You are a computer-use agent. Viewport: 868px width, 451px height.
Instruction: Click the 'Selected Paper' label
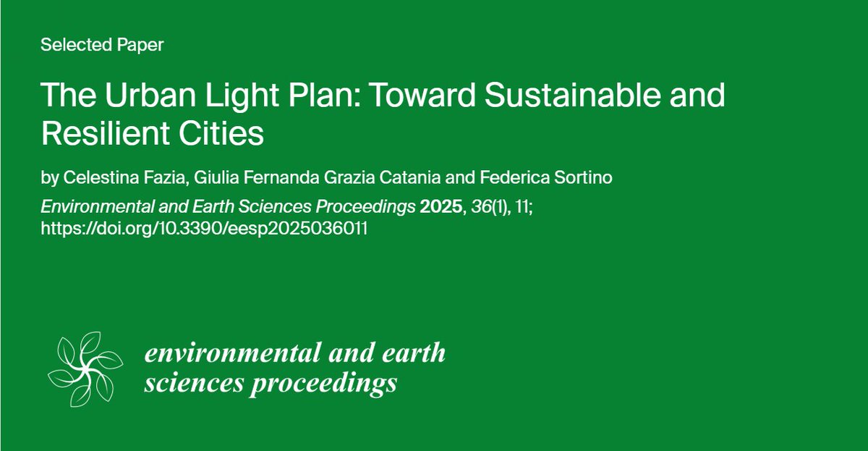click(x=102, y=46)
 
